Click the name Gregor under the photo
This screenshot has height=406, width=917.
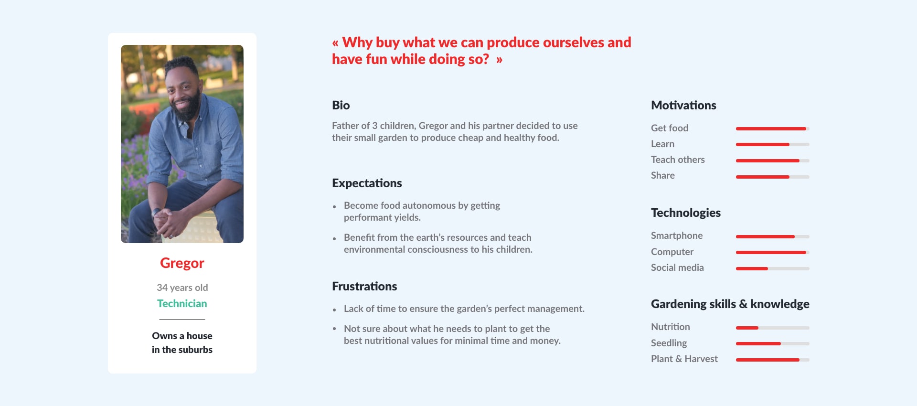click(x=182, y=263)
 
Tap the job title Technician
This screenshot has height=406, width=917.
click(x=182, y=303)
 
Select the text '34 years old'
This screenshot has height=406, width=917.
click(x=182, y=288)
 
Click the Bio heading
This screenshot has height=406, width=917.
click(x=341, y=105)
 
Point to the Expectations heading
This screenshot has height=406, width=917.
click(x=367, y=183)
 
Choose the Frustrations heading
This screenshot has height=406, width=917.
click(x=364, y=286)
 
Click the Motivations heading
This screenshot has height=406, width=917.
click(x=683, y=105)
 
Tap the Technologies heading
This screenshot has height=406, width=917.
click(x=686, y=213)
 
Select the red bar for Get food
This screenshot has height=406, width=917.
click(x=771, y=128)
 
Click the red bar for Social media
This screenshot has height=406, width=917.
click(x=752, y=268)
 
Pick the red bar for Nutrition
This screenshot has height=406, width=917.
click(x=747, y=328)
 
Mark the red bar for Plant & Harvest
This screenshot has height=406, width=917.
click(x=768, y=360)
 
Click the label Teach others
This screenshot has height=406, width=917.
click(x=678, y=160)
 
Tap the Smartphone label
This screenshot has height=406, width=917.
click(x=677, y=235)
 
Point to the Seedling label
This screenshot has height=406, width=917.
click(x=669, y=343)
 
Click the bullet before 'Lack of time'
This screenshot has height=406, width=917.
click(x=334, y=310)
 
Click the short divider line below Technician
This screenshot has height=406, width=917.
click(x=182, y=319)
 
